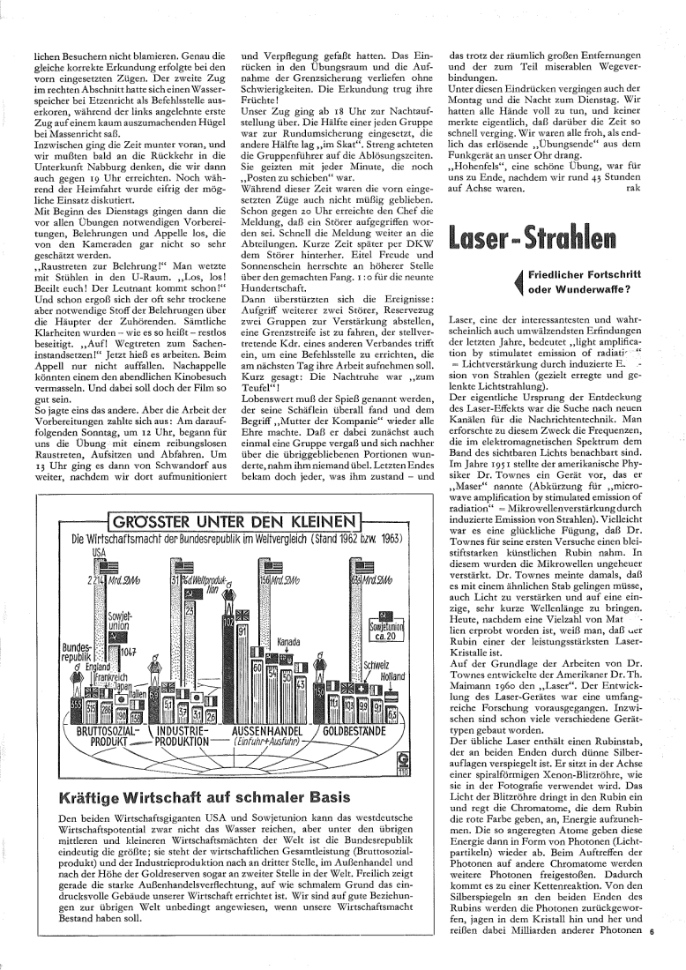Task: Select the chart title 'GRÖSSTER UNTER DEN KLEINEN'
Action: pyautogui.click(x=233, y=519)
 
